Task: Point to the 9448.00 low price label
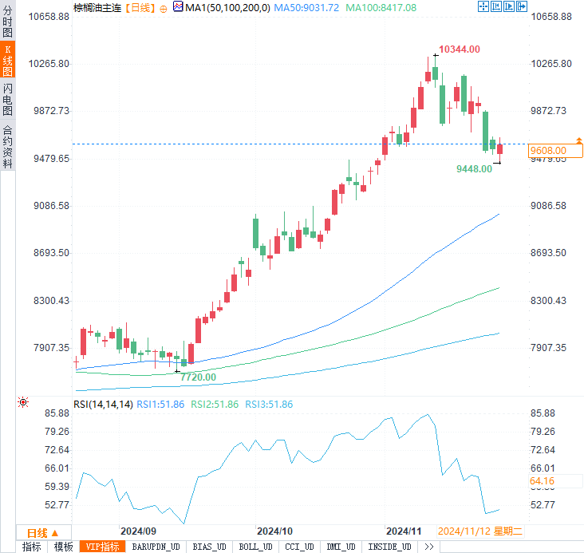point(474,168)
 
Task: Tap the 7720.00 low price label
point(198,377)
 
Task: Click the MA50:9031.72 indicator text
point(307,7)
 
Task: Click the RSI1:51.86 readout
point(162,405)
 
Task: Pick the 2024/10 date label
point(276,531)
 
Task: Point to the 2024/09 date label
point(137,531)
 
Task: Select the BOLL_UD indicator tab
point(255,547)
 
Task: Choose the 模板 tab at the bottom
point(63,547)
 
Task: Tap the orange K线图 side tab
point(7,61)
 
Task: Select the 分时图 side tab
point(7,22)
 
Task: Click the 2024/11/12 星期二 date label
point(479,531)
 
